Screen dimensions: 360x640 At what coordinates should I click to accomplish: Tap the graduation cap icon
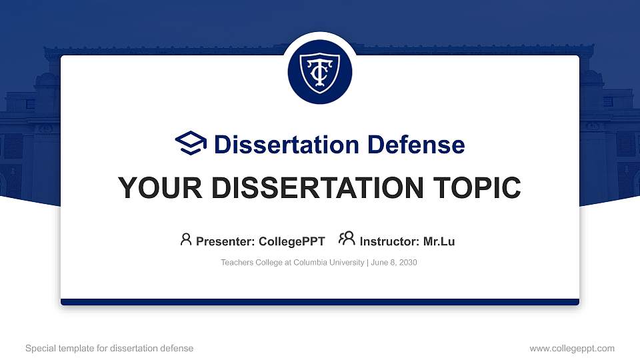tap(191, 144)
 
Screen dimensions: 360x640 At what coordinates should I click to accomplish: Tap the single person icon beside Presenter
tap(186, 239)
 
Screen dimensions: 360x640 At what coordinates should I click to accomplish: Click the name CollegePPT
tap(293, 241)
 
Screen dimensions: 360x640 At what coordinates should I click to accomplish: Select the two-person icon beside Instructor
tap(347, 239)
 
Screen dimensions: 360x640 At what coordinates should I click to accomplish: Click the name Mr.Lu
tap(439, 241)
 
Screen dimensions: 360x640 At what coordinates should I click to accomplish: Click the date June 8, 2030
tap(394, 263)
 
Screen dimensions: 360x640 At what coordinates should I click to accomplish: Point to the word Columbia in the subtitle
tap(314, 263)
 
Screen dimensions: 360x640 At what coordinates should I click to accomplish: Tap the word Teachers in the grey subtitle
tap(237, 263)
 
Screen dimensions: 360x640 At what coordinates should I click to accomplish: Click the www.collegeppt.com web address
tap(572, 348)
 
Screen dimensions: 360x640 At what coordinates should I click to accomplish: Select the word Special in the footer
tap(39, 348)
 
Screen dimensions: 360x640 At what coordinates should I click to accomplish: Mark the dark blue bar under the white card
tap(320, 302)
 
